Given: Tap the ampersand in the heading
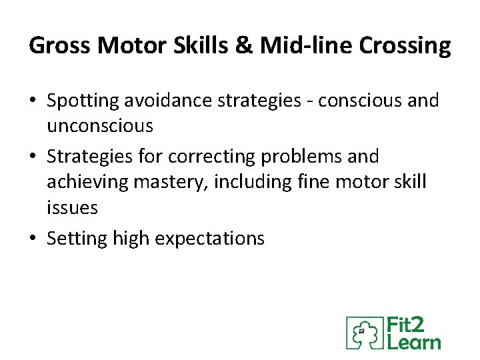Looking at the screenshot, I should point(244,46).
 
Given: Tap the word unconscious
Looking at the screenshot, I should point(100,125).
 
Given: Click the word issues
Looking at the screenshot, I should point(72,207).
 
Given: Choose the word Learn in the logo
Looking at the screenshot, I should point(414,342).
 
